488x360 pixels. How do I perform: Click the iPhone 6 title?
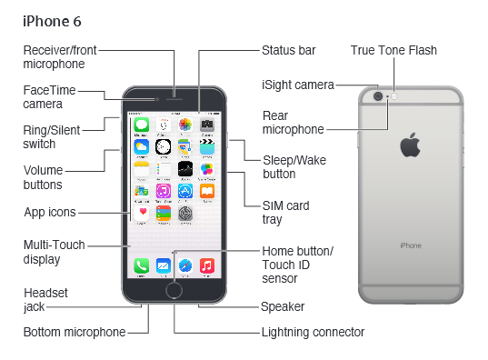(x=52, y=22)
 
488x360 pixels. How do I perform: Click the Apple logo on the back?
(x=410, y=145)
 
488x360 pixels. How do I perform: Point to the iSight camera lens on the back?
(x=378, y=96)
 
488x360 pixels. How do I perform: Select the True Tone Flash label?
(x=393, y=50)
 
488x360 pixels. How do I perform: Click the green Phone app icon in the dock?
(x=141, y=265)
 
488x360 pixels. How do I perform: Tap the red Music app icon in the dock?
(x=207, y=265)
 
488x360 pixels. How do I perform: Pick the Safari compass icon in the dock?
(x=185, y=265)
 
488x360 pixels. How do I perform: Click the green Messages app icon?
(x=141, y=125)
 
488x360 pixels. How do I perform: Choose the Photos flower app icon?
(x=185, y=125)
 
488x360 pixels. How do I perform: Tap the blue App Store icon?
(x=185, y=191)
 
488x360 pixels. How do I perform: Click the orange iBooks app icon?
(x=207, y=191)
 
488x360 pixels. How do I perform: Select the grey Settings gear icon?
(x=185, y=214)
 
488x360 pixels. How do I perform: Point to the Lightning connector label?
(x=313, y=333)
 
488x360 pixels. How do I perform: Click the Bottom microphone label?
(x=75, y=332)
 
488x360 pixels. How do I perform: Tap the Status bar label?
(x=288, y=50)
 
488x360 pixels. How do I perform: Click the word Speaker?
(x=283, y=306)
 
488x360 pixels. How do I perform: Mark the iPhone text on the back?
(x=411, y=245)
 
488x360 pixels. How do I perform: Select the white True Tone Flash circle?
(x=394, y=96)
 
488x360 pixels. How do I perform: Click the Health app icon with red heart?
(x=141, y=214)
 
